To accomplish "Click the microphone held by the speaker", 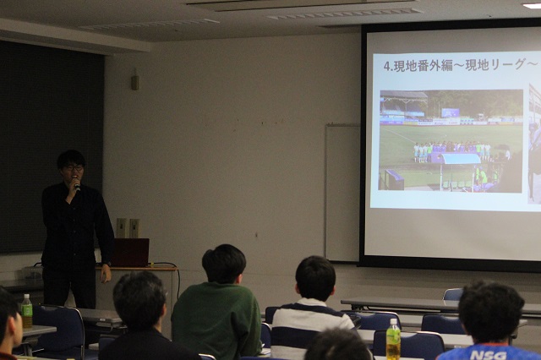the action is pyautogui.click(x=77, y=186).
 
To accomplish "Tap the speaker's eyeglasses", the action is pyautogui.click(x=74, y=168).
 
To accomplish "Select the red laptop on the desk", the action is pyautogui.click(x=130, y=253).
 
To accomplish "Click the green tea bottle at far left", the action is pyautogui.click(x=26, y=311).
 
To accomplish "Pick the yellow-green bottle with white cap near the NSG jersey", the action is pyautogui.click(x=393, y=340).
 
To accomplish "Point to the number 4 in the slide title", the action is pyautogui.click(x=387, y=66).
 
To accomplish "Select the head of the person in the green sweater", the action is pyautogui.click(x=223, y=264).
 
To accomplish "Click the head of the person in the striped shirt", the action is pyautogui.click(x=315, y=277).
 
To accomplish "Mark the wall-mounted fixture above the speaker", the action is pyautogui.click(x=135, y=79).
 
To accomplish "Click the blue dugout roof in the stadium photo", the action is pyautogui.click(x=460, y=159).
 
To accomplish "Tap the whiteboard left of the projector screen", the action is pyautogui.click(x=342, y=193).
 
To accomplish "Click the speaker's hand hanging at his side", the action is pyautogui.click(x=106, y=273).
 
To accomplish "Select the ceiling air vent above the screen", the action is pyautogui.click(x=345, y=14).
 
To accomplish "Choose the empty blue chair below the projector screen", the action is pyautogui.click(x=453, y=294).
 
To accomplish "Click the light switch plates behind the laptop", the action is pyautogui.click(x=128, y=228).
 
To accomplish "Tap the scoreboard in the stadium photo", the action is pyautogui.click(x=451, y=112).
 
